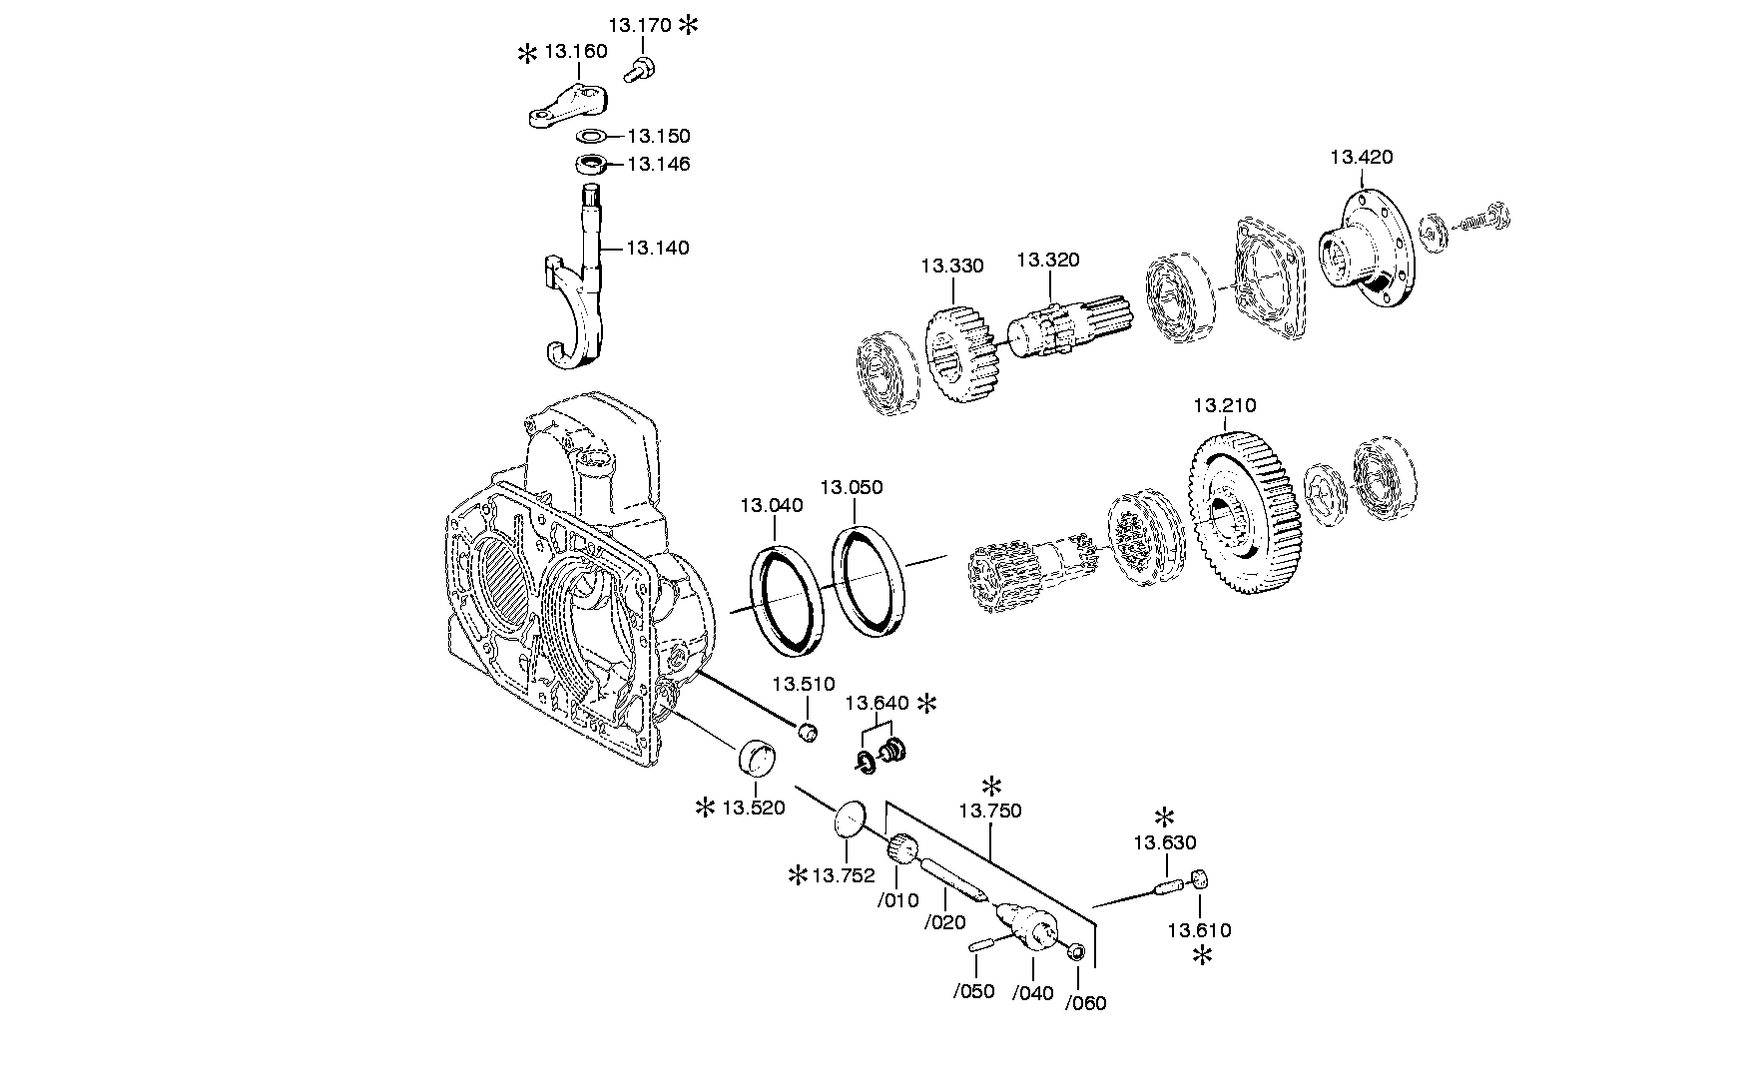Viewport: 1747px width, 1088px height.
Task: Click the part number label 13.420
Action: click(1361, 157)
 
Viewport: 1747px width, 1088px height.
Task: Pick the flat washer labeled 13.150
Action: click(592, 136)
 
